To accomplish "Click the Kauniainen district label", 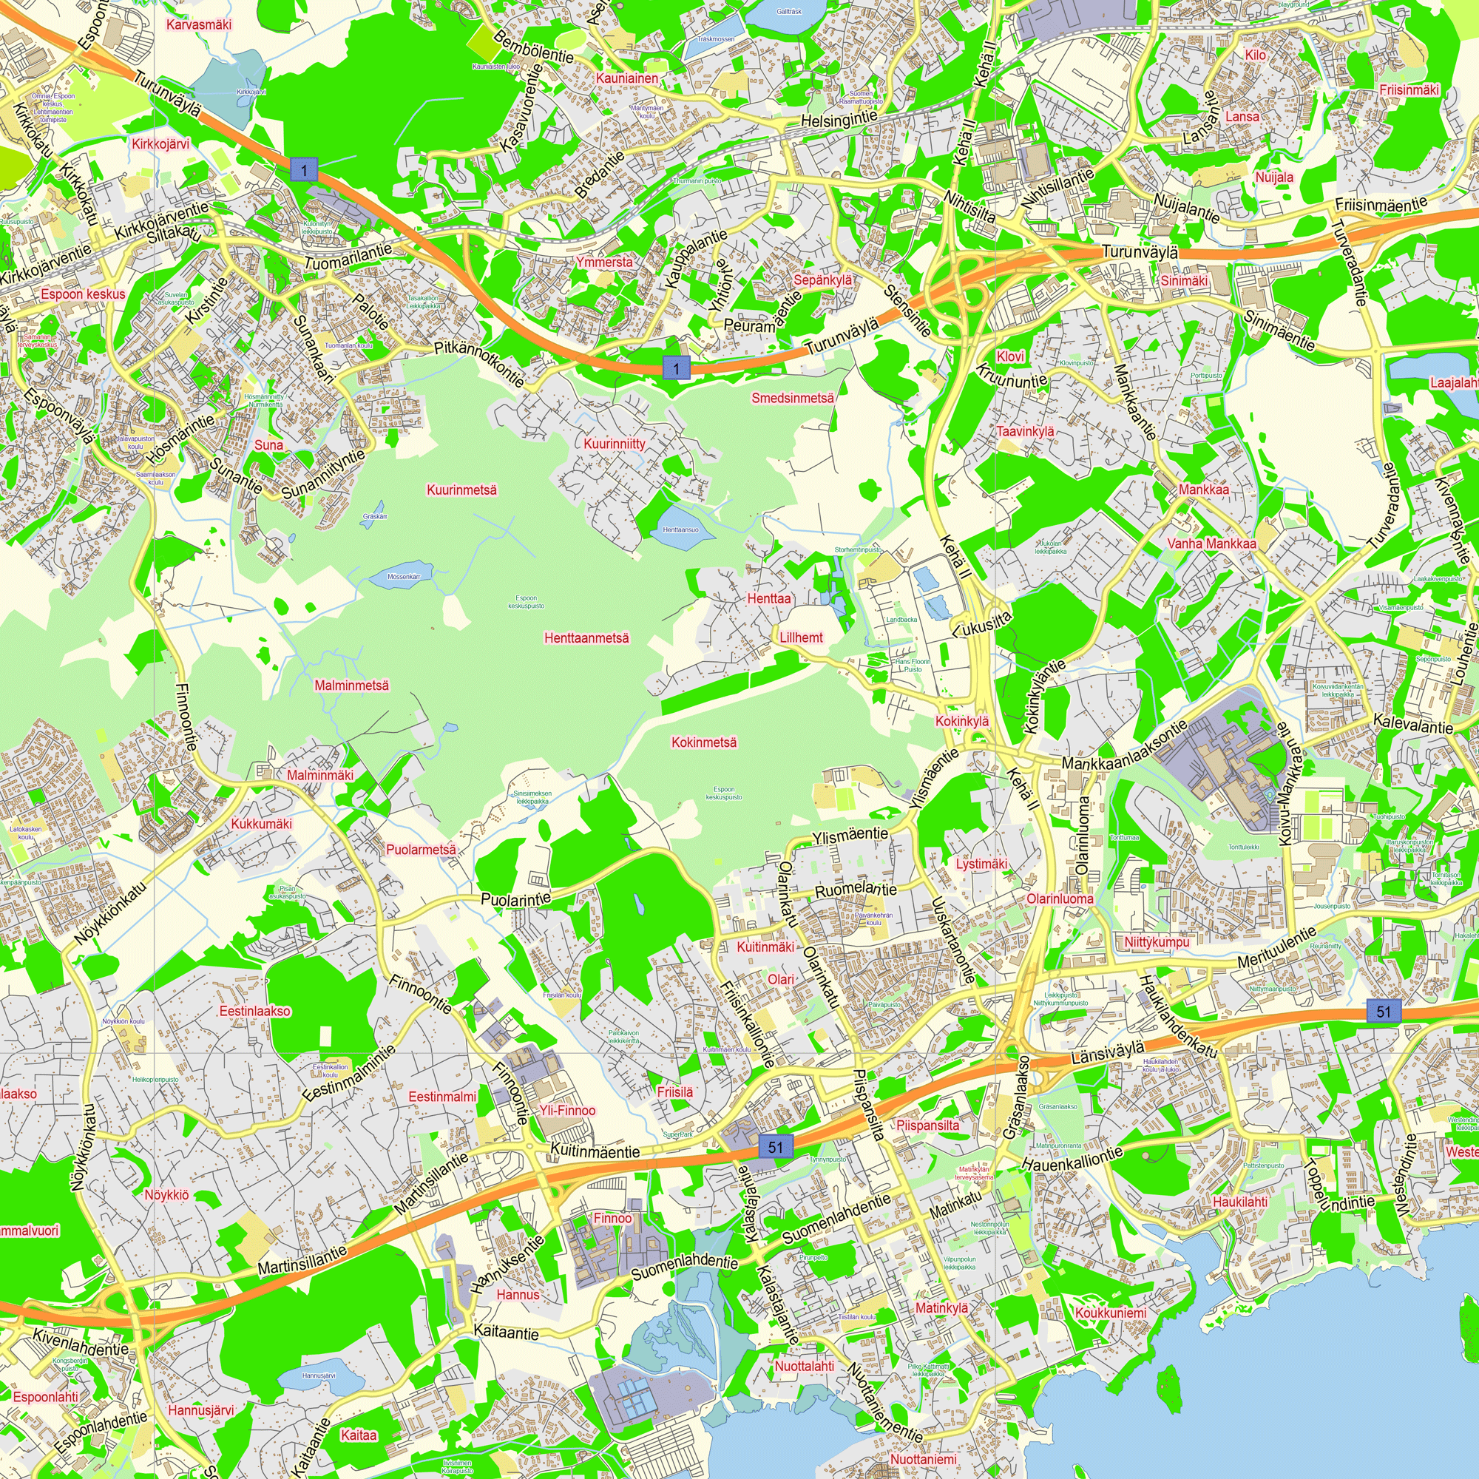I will [627, 78].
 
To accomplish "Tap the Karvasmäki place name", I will [198, 24].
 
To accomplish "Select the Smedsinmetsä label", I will [792, 398].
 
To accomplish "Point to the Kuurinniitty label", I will [614, 444].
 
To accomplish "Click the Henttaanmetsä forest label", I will [586, 637].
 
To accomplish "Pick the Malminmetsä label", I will [351, 686].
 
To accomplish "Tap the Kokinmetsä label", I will [703, 742].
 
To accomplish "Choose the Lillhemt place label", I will [801, 637].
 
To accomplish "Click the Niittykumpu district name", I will [1156, 941].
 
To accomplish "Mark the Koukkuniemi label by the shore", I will [1111, 1313].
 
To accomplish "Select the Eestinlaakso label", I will [255, 1011].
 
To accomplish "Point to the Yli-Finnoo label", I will [566, 1110].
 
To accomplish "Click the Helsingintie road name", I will [839, 119].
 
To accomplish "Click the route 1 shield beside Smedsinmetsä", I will [676, 368].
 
